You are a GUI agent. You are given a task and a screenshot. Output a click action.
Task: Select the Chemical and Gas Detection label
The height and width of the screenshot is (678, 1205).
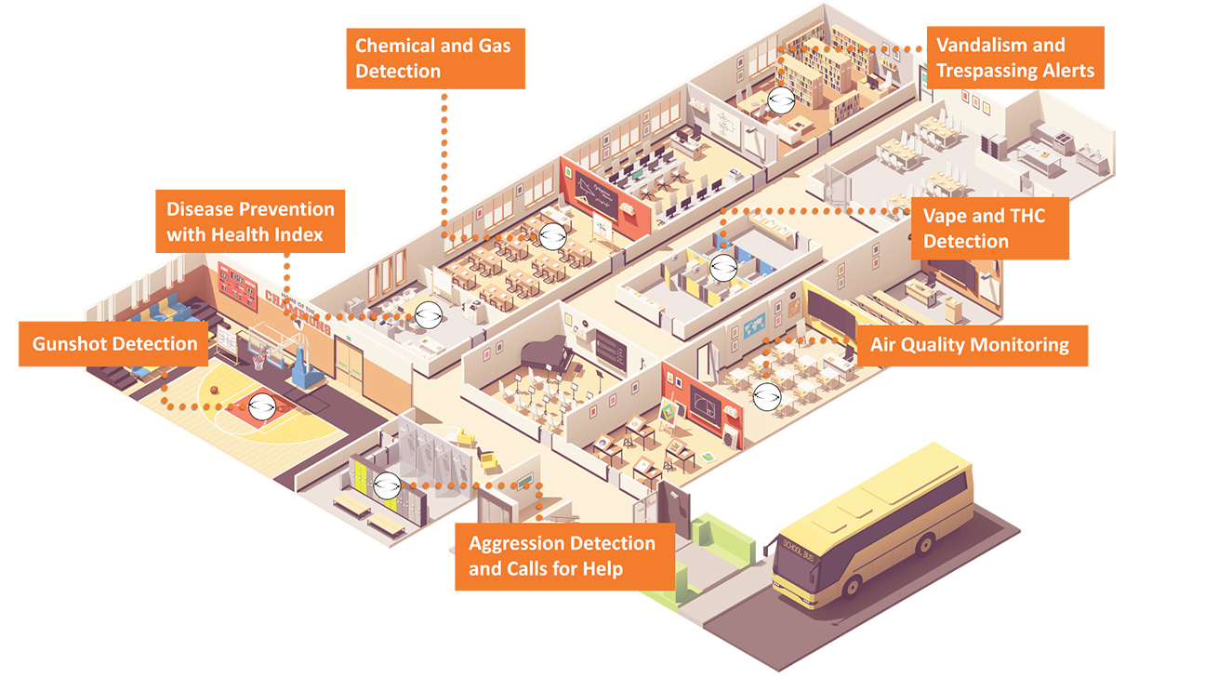click(x=435, y=58)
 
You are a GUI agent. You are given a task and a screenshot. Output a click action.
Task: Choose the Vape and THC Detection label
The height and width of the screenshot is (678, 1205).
click(x=989, y=229)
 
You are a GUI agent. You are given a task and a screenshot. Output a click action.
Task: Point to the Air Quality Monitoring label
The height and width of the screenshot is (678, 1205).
click(x=969, y=345)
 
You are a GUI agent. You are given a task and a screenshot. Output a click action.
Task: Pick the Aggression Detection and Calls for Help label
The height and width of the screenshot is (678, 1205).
click(x=563, y=556)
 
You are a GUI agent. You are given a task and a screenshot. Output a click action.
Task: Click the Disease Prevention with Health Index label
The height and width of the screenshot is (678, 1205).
click(x=249, y=221)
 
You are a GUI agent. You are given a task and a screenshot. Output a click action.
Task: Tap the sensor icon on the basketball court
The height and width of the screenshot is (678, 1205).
click(x=260, y=405)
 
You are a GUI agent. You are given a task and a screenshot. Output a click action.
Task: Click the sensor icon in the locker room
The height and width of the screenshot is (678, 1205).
click(x=387, y=484)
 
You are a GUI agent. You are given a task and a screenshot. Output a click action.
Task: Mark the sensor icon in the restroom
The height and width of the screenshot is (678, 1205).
click(x=722, y=268)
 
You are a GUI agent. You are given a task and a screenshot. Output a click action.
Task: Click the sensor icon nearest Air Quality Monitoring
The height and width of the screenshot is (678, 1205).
click(x=766, y=395)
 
